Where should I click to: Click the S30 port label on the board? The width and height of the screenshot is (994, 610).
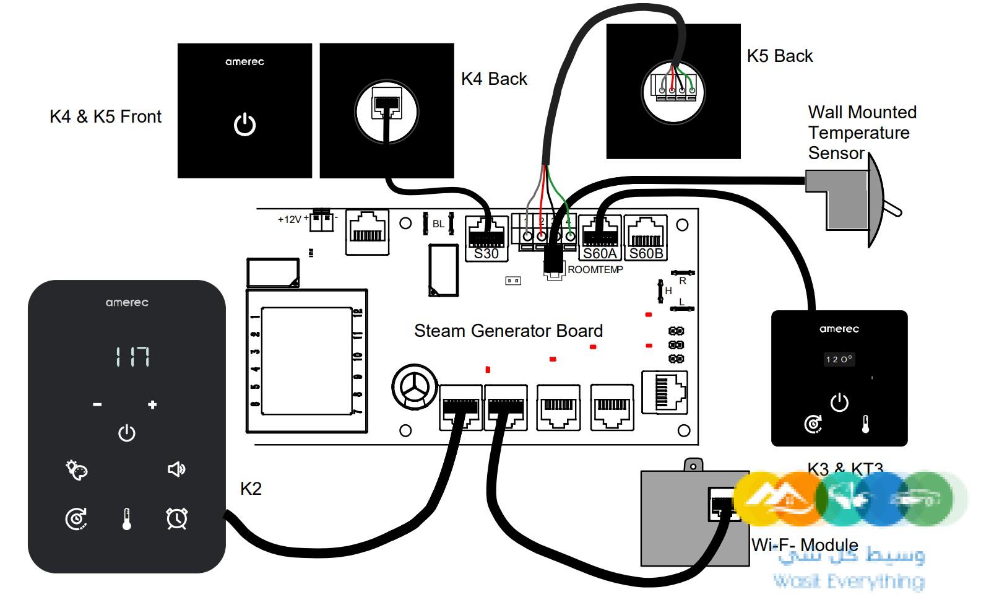tap(486, 254)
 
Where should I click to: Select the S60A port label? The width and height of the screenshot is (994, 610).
tap(600, 254)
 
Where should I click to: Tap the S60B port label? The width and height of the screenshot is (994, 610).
tap(646, 254)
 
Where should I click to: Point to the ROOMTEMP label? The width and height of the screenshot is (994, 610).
tap(595, 270)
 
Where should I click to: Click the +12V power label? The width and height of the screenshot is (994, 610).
tap(290, 219)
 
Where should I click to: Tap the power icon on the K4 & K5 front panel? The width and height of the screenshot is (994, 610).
tap(244, 124)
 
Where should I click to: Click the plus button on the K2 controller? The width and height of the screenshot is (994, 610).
tap(152, 405)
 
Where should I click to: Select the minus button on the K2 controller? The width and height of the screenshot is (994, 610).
tap(97, 405)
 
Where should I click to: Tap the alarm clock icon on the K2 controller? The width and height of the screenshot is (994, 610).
tap(177, 518)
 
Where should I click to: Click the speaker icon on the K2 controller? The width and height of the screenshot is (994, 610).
tap(176, 469)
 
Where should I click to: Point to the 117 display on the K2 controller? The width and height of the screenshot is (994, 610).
tap(132, 357)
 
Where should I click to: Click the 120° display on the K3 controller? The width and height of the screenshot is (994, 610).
tap(839, 359)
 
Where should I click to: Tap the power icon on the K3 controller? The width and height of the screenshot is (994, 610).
tap(839, 403)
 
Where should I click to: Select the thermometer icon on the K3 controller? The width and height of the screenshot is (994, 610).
tap(865, 425)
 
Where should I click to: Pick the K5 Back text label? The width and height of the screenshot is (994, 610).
tap(779, 56)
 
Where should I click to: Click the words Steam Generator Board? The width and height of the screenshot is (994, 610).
tap(508, 331)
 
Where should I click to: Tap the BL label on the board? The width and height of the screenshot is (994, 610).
tap(438, 224)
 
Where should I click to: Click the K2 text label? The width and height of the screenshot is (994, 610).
tap(251, 489)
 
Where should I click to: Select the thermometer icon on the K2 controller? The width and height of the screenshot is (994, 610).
tap(127, 519)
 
